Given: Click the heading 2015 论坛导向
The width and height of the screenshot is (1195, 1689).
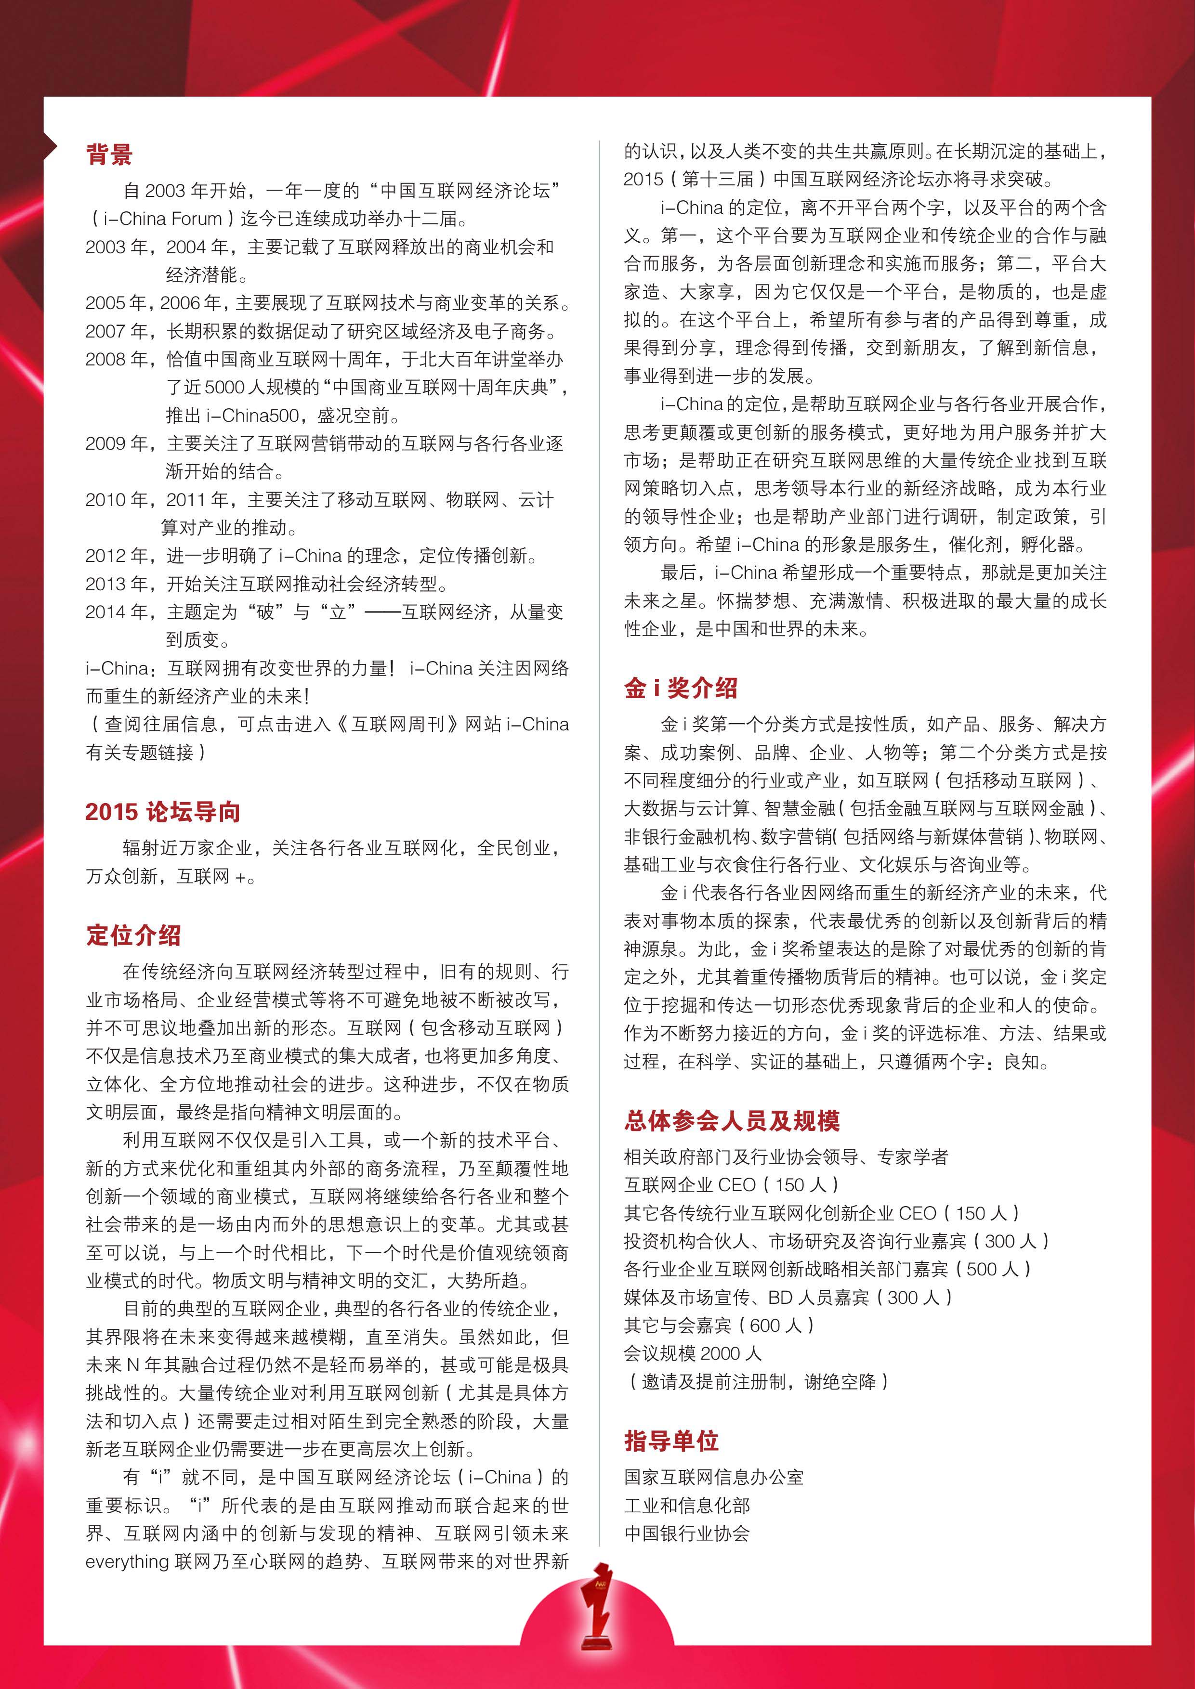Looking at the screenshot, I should pyautogui.click(x=163, y=811).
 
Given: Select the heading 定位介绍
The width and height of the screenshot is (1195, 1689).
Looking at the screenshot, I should pyautogui.click(x=133, y=935).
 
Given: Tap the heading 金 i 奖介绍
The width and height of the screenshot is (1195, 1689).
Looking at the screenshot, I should pyautogui.click(x=681, y=688).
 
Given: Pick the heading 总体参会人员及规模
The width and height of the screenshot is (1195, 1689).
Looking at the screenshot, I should pyautogui.click(x=732, y=1120).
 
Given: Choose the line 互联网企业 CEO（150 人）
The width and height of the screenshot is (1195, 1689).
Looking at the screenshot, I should pyautogui.click(x=732, y=1184).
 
